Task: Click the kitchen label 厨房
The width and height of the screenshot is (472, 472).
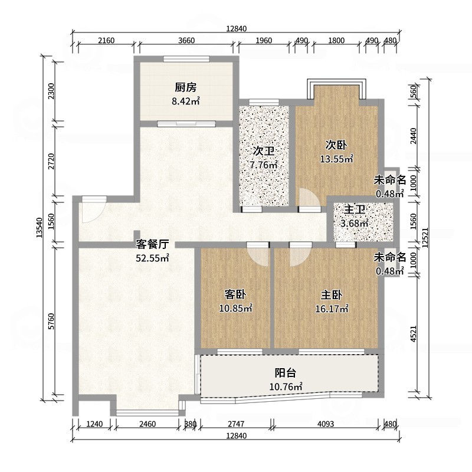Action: (x=185, y=88)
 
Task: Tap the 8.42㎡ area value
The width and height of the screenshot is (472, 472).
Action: (x=185, y=101)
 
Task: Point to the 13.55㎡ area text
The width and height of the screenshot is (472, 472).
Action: (x=336, y=159)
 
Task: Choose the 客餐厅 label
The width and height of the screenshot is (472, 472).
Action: (x=153, y=244)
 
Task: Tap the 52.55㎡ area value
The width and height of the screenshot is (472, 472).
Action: (x=153, y=258)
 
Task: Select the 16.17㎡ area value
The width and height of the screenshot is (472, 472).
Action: (x=335, y=308)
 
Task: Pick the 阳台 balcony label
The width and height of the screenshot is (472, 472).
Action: (x=286, y=373)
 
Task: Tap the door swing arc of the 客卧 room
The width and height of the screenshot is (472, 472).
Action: (x=257, y=255)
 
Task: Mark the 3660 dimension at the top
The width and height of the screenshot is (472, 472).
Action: (x=186, y=41)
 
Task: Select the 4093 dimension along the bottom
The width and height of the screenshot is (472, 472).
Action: (x=324, y=424)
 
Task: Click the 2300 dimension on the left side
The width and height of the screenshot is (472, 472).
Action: (x=51, y=91)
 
